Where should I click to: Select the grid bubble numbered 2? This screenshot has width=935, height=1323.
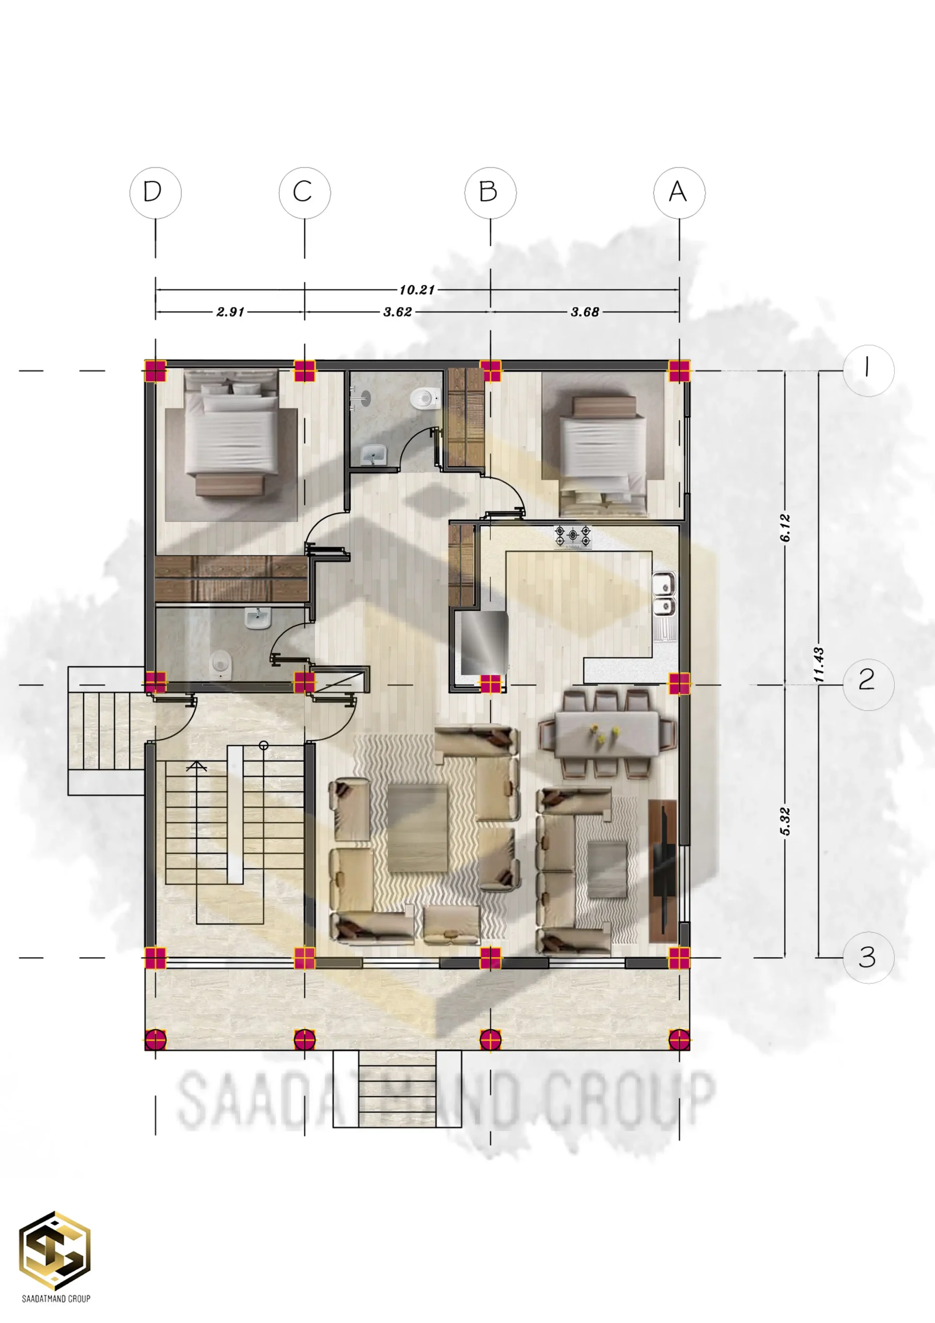pyautogui.click(x=868, y=685)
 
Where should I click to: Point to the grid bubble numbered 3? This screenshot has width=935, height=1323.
pyautogui.click(x=868, y=958)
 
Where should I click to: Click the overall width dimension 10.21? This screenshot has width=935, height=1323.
pyautogui.click(x=416, y=290)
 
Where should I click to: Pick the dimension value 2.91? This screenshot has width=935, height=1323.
pyautogui.click(x=230, y=312)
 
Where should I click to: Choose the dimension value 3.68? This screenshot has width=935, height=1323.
pyautogui.click(x=585, y=312)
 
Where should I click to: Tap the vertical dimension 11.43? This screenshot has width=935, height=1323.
pyautogui.click(x=818, y=665)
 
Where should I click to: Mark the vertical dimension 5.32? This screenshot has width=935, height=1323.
pyautogui.click(x=785, y=821)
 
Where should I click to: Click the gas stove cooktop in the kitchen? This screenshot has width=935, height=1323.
pyautogui.click(x=573, y=537)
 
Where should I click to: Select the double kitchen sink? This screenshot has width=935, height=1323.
pyautogui.click(x=664, y=593)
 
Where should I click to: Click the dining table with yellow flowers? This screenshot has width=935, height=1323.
pyautogui.click(x=606, y=734)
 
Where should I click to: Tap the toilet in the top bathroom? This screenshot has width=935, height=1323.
pyautogui.click(x=425, y=397)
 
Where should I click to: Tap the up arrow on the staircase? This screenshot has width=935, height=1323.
pyautogui.click(x=196, y=766)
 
